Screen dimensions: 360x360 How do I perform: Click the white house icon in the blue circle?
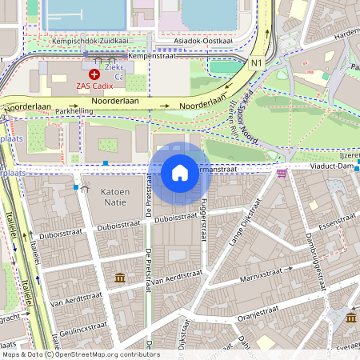tap(180, 172)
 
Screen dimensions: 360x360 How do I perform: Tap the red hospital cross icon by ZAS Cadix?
tap(94, 74)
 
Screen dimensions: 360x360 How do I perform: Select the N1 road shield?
tap(256, 62)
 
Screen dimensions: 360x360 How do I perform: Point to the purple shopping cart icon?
tap(282, 172)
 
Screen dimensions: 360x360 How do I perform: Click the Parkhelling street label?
tap(75, 112)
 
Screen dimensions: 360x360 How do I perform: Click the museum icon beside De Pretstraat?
tap(120, 278)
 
